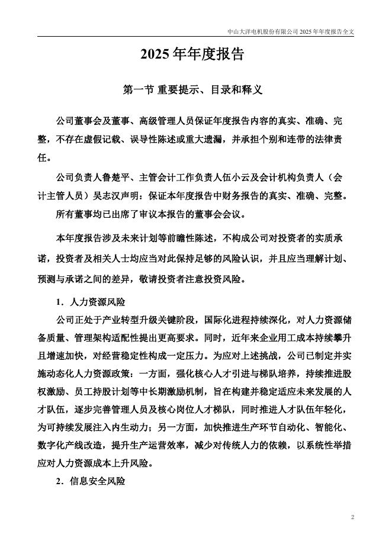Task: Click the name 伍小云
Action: pos(229,178)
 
